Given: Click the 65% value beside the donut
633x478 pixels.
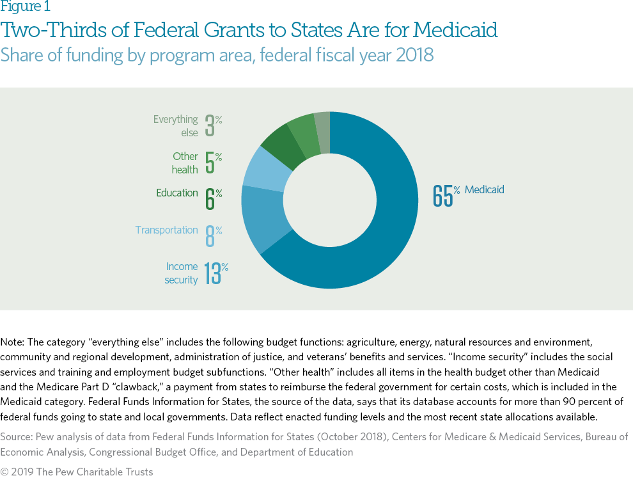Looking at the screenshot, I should tap(442, 195).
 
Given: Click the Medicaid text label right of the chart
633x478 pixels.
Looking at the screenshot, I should tap(485, 189).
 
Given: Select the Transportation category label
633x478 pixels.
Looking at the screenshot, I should tap(166, 230).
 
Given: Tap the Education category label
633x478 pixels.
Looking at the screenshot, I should tap(176, 193).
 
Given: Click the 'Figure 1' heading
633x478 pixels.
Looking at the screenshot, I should tap(26, 7).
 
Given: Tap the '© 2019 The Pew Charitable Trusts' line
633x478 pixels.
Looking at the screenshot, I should tap(77, 472).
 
